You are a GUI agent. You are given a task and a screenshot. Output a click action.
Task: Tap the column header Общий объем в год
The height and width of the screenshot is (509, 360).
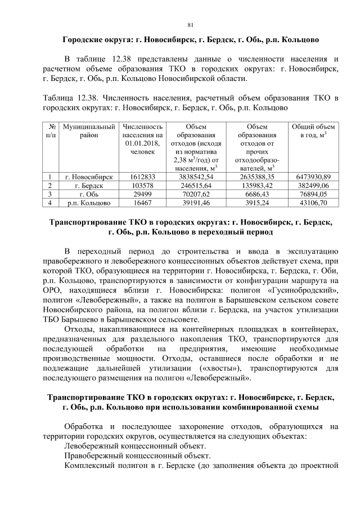point(313,131)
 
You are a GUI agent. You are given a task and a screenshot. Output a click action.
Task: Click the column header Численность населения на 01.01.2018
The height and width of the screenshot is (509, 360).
point(142,139)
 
